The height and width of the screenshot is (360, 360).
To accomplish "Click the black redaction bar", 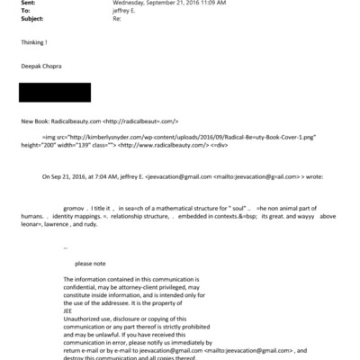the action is pyautogui.click(x=54, y=92).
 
